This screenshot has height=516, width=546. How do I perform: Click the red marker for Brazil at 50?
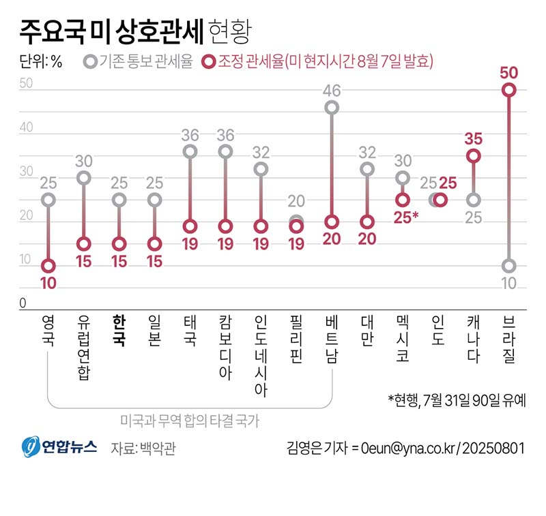(x=509, y=90)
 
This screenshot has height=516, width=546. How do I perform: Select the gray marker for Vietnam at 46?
(x=332, y=108)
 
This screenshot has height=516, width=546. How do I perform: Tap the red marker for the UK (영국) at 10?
(x=48, y=266)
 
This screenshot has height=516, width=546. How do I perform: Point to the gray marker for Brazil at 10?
(x=509, y=266)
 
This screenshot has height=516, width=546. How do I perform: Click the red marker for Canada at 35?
(x=474, y=156)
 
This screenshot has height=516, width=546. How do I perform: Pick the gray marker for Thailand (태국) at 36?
(x=190, y=151)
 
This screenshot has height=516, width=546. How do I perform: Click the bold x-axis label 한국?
(x=119, y=331)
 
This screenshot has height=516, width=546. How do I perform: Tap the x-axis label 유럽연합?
(x=83, y=348)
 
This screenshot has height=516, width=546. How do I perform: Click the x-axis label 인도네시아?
(x=261, y=356)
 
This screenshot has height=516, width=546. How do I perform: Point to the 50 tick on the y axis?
(x=27, y=84)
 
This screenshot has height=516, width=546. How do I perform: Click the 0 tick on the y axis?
(x=23, y=304)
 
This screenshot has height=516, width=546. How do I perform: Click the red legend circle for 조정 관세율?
(x=210, y=63)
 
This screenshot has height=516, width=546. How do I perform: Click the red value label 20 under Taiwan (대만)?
(x=367, y=240)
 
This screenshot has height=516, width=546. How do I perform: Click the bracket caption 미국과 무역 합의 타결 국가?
(x=190, y=422)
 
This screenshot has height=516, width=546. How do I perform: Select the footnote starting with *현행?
(x=457, y=400)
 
